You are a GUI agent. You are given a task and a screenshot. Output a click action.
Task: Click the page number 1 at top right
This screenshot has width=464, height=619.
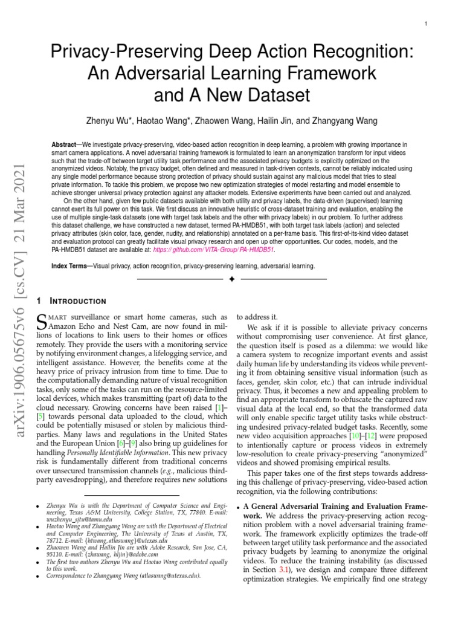[426, 24]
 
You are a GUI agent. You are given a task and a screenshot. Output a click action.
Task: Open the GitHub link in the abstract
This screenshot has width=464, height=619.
[222, 248]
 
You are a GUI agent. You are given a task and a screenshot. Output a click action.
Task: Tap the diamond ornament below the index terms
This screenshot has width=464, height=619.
[232, 279]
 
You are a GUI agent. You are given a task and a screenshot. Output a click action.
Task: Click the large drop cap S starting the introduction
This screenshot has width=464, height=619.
[42, 320]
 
